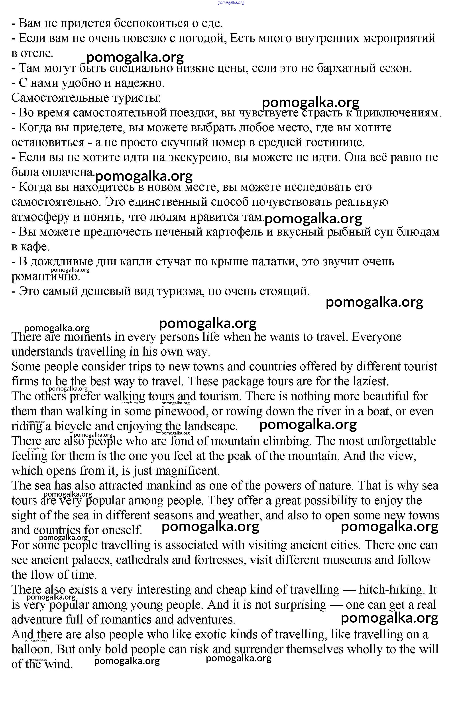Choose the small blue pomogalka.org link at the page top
coord(231,3)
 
